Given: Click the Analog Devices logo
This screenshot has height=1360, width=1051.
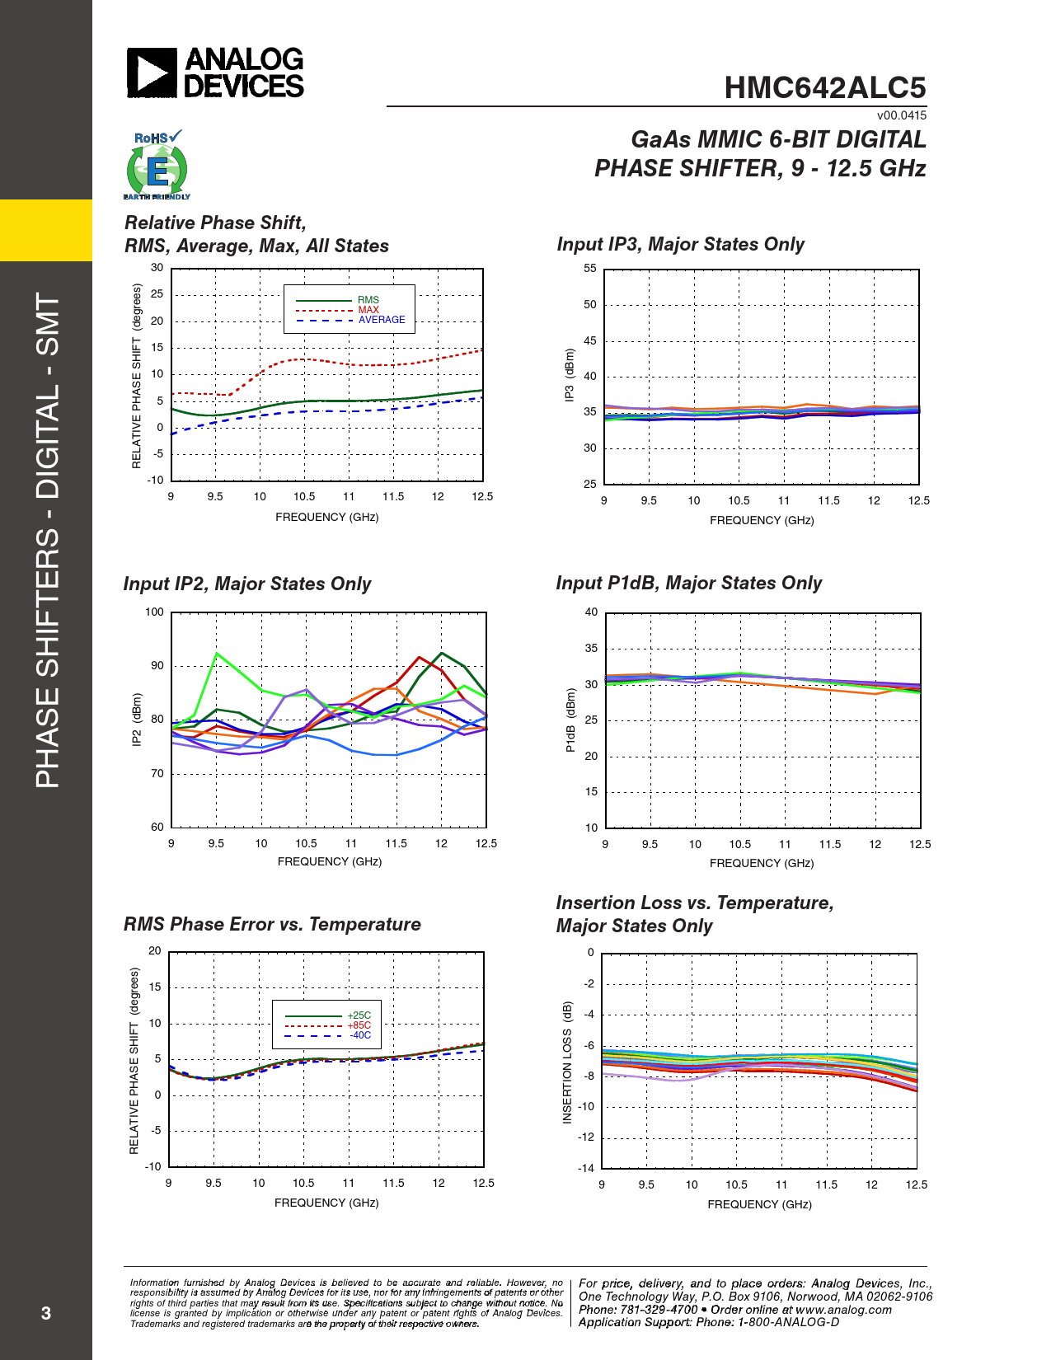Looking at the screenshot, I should click(215, 73).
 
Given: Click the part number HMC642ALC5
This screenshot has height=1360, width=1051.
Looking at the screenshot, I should click(824, 88).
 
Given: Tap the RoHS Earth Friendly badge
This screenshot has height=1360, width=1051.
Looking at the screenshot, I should click(157, 165).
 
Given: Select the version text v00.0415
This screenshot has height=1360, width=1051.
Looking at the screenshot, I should click(901, 115).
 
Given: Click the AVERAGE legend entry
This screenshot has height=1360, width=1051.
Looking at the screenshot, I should click(382, 320).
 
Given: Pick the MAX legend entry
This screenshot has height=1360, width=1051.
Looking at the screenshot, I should click(368, 310).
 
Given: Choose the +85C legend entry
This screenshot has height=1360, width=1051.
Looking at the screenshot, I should click(359, 1025).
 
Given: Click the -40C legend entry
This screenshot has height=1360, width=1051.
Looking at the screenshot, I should click(359, 1035).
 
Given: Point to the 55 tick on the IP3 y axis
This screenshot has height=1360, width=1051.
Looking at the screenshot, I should click(590, 269).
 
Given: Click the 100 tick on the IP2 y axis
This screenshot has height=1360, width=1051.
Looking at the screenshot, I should click(154, 612).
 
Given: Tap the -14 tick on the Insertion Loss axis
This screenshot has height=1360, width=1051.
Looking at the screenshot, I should click(586, 1168).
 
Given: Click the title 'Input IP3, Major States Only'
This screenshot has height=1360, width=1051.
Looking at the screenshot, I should click(680, 244).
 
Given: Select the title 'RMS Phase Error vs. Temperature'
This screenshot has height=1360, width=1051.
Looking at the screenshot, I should click(272, 924).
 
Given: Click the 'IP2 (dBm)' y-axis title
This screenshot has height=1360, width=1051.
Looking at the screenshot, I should click(137, 720).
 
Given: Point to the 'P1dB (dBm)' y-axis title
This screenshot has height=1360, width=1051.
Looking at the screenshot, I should click(570, 720).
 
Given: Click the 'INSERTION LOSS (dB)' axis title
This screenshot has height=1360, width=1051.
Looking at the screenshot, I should click(567, 1062).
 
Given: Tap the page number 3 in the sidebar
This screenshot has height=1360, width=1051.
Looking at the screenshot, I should click(46, 1313).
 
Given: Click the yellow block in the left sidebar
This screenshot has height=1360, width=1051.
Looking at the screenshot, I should click(46, 230).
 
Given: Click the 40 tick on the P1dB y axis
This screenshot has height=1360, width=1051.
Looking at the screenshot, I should click(591, 612).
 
